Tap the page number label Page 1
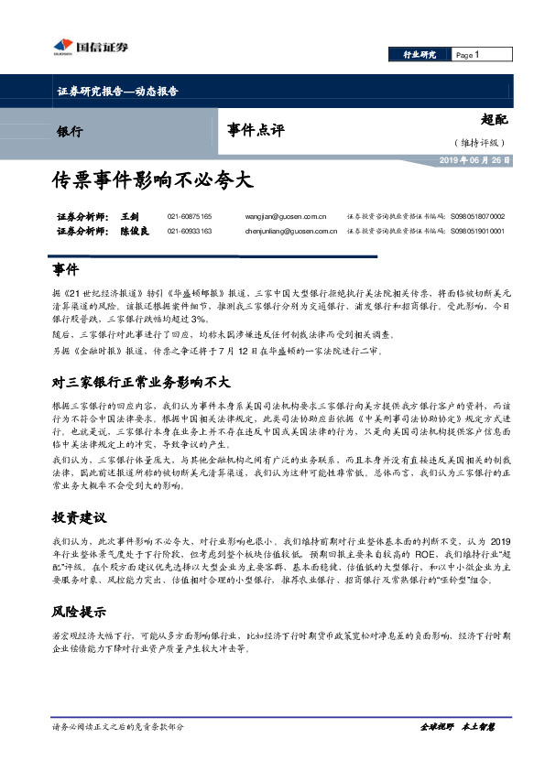pos(467,55)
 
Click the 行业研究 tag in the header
pos(420,55)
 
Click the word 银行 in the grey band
pos(70,131)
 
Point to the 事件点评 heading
pos(256,130)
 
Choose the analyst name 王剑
pos(129,216)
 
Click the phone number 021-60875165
pos(190,216)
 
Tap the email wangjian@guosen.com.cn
pos(286,216)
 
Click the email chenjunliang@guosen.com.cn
pos(293,232)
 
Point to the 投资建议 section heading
pos(80,517)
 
